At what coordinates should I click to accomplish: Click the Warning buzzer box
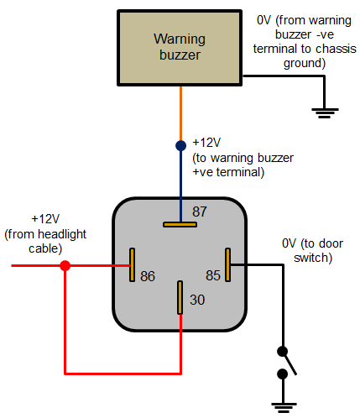180,48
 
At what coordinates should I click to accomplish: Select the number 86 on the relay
147,275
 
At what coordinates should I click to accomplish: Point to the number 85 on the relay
214,275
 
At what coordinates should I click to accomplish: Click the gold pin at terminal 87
180,225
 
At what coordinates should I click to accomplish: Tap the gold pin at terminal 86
131,264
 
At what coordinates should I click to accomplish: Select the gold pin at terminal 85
227,264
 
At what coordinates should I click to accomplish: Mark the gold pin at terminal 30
180,298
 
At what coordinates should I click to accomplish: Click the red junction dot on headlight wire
65,265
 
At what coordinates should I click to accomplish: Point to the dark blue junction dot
180,145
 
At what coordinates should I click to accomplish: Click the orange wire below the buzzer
180,113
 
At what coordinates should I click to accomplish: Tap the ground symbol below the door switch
284,408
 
